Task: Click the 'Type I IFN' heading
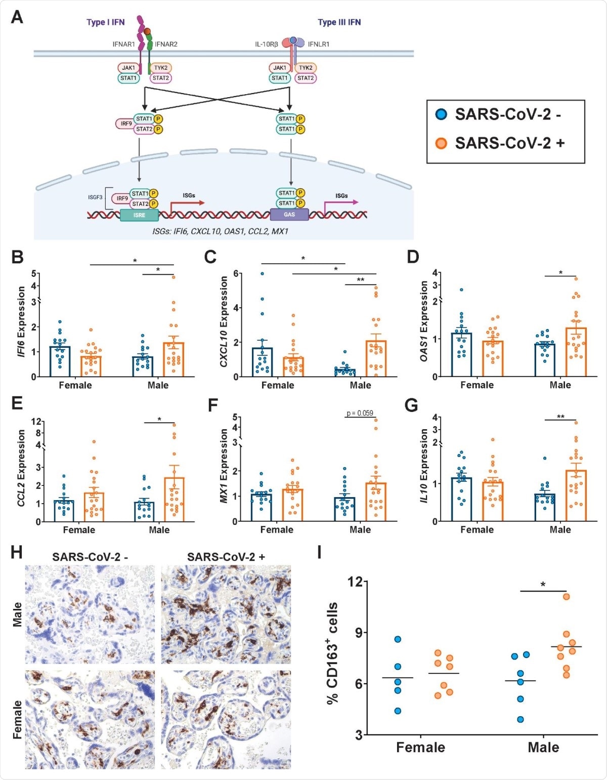[x=105, y=22]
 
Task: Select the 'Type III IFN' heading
[x=339, y=22]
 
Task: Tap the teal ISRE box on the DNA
[x=139, y=215]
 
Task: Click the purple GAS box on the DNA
[x=289, y=215]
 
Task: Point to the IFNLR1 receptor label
[x=319, y=45]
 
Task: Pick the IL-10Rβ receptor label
[x=266, y=45]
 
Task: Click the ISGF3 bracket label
[x=95, y=197]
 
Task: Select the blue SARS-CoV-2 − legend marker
[x=442, y=114]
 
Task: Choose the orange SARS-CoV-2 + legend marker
[x=442, y=143]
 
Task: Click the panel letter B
[x=17, y=257]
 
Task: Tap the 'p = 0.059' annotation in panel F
[x=360, y=413]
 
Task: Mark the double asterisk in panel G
[x=560, y=417]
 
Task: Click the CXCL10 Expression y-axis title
[x=223, y=322]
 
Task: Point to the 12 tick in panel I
[x=355, y=582]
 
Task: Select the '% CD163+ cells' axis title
[x=332, y=653]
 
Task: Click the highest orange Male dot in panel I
[x=566, y=596]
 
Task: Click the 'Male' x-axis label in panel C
[x=360, y=385]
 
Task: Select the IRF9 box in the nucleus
[x=122, y=198]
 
